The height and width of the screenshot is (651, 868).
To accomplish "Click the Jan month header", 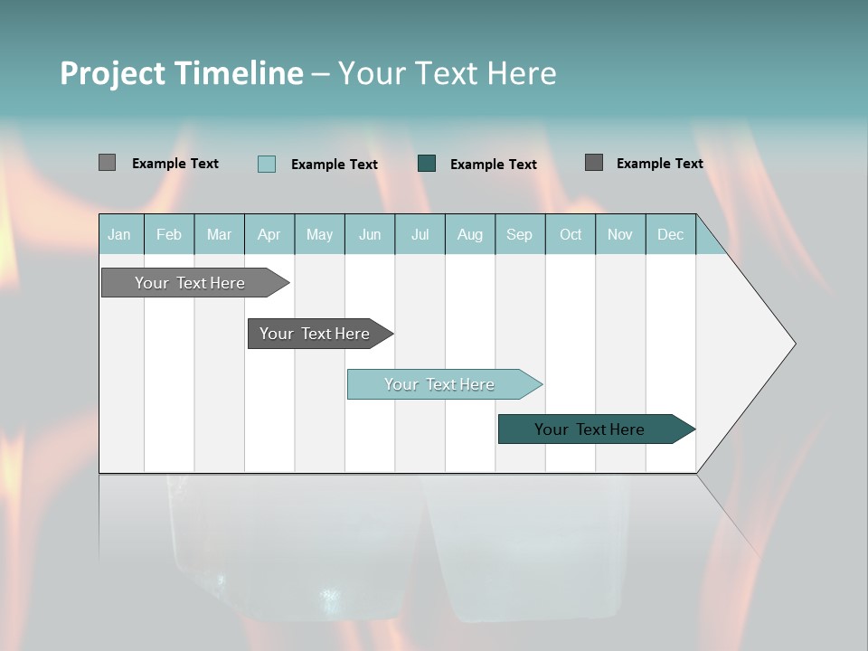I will point(120,234).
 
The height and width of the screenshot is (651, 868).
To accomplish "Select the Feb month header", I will point(169,234).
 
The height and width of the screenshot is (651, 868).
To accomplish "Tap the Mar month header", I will point(219,234).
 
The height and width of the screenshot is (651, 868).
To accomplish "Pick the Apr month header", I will point(269,234).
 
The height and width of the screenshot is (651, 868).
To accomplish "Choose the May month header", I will point(319,234).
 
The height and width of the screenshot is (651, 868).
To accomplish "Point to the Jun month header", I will point(370,234).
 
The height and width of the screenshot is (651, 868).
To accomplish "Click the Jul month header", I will point(420,234).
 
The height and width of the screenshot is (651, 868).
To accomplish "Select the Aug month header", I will point(470,234).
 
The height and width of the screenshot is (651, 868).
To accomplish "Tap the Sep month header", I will point(520,234).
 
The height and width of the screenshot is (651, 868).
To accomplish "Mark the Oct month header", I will point(571,234).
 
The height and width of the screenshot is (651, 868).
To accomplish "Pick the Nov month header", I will point(620,234).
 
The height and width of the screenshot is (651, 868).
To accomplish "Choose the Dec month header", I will point(671,234).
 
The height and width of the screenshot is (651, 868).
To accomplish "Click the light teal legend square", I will point(267,164).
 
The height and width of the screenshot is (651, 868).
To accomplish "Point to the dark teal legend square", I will point(427,163).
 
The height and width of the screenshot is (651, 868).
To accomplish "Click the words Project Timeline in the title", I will point(182,73).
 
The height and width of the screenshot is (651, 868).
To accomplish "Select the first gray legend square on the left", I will point(108,163).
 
